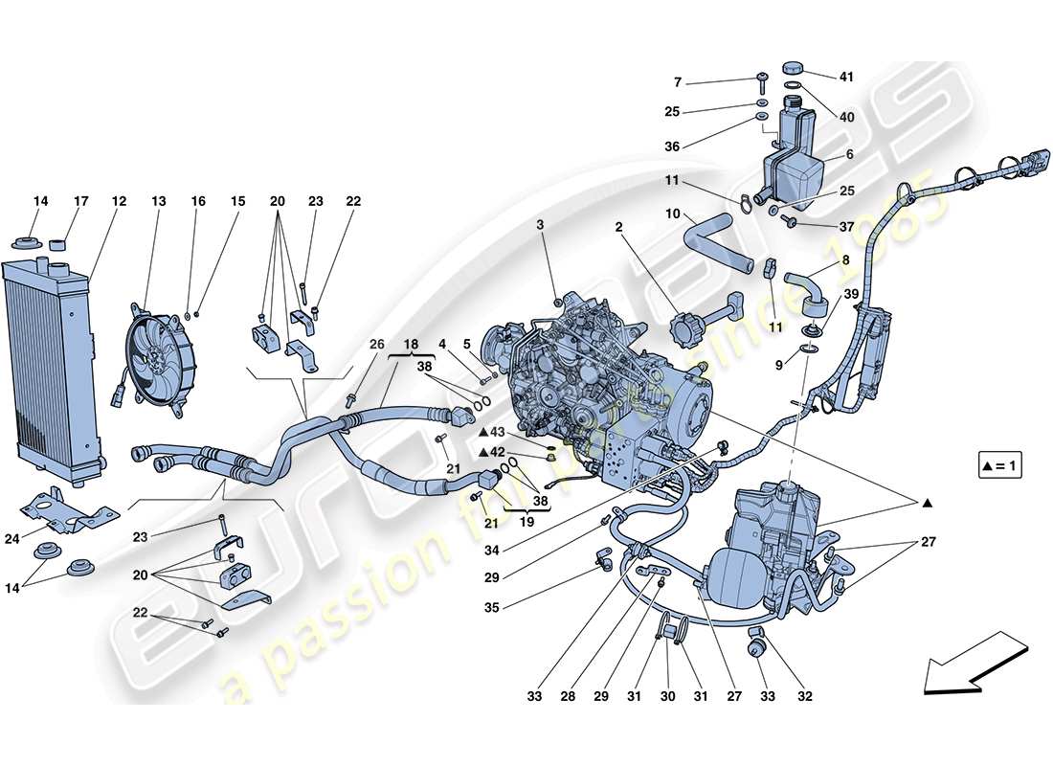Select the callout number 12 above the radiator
pos(119,202)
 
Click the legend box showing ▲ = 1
pos(1002,467)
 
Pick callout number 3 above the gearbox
pos(540,224)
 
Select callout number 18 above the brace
pos(411,343)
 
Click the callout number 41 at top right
pos(845,77)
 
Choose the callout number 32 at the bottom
pos(804,696)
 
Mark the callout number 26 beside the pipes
pos(376,345)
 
